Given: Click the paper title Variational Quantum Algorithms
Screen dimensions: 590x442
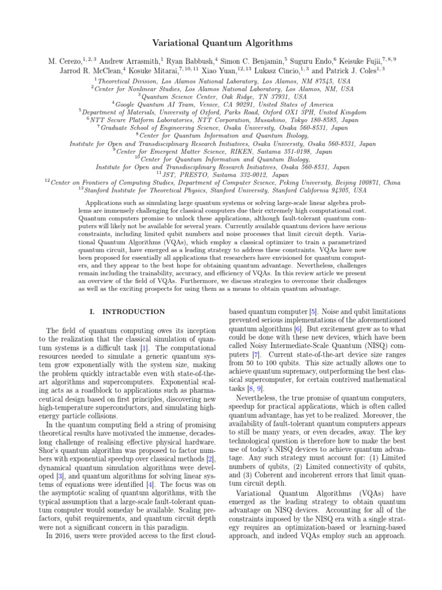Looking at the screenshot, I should (x=221, y=43).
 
